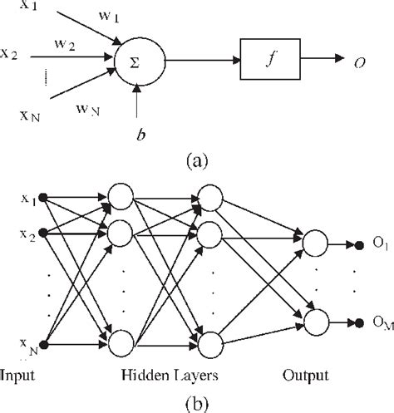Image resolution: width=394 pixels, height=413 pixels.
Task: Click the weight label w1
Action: click(87, 16)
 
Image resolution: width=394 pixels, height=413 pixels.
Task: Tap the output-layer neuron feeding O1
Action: click(315, 242)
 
